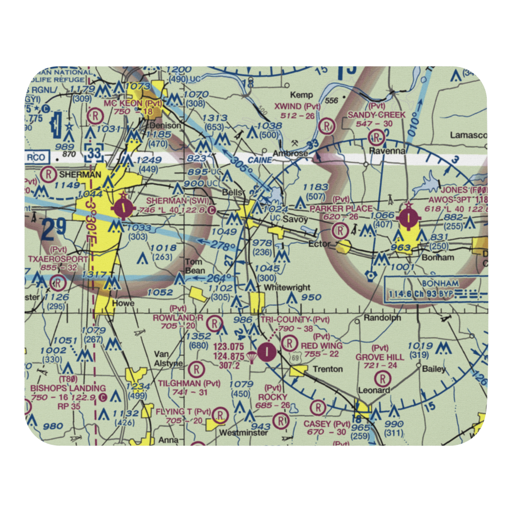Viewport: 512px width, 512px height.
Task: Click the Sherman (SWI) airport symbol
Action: pos(123,208)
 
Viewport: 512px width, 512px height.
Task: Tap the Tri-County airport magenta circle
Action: pos(267,351)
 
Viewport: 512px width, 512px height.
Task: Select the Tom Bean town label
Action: pos(195,266)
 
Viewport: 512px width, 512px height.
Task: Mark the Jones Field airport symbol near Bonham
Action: pos(408,216)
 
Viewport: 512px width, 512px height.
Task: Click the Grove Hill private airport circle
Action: pos(382,379)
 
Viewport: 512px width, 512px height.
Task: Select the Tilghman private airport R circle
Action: pos(196,368)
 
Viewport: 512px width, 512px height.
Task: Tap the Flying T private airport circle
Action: pos(220,414)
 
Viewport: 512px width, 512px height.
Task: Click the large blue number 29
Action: pos(54,230)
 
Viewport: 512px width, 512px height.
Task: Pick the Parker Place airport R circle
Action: pos(339,230)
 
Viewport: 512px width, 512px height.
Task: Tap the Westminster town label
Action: pos(244,432)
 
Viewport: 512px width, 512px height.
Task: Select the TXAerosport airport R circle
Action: pos(58,282)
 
